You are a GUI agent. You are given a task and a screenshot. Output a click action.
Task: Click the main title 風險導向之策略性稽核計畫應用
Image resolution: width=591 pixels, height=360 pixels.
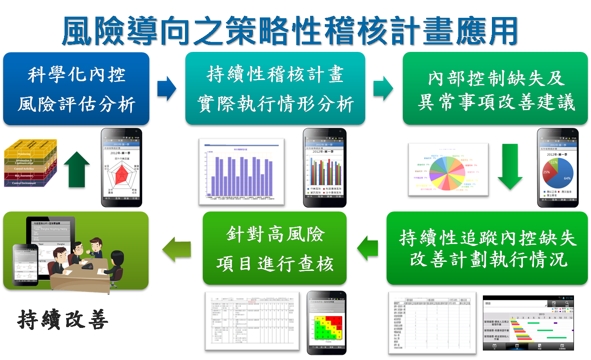pos(290,32)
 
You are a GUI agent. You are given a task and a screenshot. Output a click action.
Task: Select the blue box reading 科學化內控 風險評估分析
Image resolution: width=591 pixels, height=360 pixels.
pos(76,90)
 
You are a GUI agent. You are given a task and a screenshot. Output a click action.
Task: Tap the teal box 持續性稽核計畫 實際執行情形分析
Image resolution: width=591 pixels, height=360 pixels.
pos(275,89)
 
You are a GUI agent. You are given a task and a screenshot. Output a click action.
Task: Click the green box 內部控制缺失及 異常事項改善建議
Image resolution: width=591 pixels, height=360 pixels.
pos(495,90)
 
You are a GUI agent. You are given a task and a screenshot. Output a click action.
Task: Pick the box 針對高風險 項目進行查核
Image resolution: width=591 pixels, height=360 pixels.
pos(275,249)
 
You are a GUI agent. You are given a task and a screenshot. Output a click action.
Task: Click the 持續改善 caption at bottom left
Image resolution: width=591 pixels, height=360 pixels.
pos(63,320)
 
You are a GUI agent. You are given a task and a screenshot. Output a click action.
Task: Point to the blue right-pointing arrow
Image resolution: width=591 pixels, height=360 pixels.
pos(167,89)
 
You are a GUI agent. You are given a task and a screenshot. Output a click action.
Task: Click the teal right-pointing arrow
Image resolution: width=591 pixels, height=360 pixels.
pos(383,89)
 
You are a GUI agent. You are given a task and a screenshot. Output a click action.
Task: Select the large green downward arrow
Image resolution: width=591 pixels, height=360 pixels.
pos(510,167)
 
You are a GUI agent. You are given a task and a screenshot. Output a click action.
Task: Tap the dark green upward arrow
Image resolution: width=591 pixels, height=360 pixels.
pos(77,170)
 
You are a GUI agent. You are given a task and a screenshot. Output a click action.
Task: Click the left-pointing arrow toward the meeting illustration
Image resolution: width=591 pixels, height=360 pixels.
pos(177,250)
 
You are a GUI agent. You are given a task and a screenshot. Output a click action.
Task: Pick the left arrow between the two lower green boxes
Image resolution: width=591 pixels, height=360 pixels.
pos(368,249)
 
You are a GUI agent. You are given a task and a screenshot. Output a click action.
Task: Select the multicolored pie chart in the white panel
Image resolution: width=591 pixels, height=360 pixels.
pos(446,172)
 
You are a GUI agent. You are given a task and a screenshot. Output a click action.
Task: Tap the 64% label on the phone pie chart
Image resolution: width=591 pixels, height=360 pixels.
pos(567,178)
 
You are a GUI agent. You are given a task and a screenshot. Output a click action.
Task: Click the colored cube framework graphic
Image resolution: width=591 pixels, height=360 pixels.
pos(30,163)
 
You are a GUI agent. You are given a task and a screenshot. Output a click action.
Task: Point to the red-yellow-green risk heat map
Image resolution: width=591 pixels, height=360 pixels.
pos(327,328)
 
